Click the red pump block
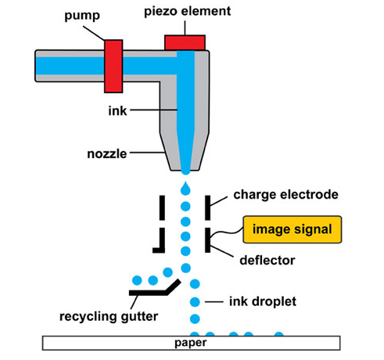click(113, 67)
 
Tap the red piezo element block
click(185, 43)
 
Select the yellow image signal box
click(292, 229)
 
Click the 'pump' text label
click(82, 16)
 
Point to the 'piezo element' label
click(188, 12)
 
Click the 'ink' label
click(117, 111)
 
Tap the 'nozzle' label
click(107, 154)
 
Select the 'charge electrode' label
click(285, 195)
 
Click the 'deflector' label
click(267, 261)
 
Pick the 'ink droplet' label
click(263, 302)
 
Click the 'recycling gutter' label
click(109, 317)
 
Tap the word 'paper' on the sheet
click(191, 343)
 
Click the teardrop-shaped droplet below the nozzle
click(185, 188)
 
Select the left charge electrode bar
click(162, 207)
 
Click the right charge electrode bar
click(207, 207)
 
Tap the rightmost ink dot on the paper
click(279, 334)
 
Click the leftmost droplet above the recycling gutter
click(137, 280)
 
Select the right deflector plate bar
click(207, 240)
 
